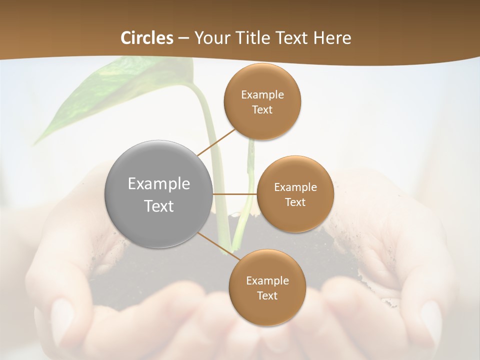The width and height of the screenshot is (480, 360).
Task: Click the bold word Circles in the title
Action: [147, 38]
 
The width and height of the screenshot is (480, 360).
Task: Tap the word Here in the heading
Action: [332, 38]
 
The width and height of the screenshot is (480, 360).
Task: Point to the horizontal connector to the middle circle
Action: [234, 193]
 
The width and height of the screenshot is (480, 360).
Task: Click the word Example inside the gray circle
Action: [158, 183]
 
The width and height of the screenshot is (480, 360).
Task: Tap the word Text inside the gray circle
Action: [158, 206]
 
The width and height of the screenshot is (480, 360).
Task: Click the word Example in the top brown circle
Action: [262, 95]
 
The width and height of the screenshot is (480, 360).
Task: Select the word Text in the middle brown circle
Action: [295, 202]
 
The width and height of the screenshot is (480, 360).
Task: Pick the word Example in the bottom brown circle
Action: [267, 280]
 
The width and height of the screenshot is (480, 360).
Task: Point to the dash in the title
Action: [183, 38]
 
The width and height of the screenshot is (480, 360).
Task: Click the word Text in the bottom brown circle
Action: [267, 295]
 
